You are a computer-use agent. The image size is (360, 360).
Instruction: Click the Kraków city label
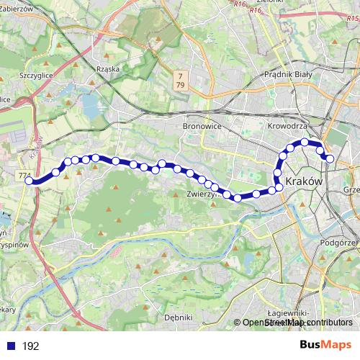(x=304, y=181)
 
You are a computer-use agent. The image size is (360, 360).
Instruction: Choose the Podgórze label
(x=340, y=243)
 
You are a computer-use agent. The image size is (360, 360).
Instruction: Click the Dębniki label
(x=178, y=317)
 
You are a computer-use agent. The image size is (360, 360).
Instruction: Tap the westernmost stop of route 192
(x=30, y=181)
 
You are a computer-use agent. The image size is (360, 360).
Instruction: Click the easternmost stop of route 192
(x=330, y=158)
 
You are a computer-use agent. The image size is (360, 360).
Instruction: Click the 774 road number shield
(x=24, y=175)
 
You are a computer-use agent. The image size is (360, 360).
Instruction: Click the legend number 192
(x=30, y=346)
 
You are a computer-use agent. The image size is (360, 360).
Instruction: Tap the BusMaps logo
(x=325, y=345)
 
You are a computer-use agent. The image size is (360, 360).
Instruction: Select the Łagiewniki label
(x=288, y=314)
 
